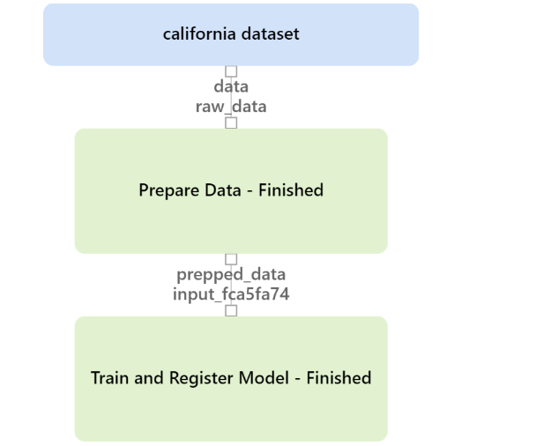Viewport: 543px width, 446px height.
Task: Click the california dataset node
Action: pos(231,34)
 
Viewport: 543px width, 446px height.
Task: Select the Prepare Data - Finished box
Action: pos(231,191)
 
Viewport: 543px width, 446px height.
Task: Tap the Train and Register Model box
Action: pos(231,379)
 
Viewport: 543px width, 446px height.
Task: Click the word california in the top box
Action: pos(200,33)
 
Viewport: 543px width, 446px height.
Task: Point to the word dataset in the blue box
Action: pos(270,33)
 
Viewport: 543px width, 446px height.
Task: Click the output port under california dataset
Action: pos(231,71)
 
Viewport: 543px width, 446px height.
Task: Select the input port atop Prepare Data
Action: pos(231,123)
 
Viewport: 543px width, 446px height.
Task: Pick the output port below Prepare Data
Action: pos(231,259)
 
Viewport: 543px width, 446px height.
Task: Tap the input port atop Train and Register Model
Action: pos(231,310)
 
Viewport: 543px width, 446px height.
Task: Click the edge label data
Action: pos(231,86)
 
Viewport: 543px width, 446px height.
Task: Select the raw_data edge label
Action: pos(231,107)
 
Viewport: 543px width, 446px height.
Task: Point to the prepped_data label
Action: pos(231,275)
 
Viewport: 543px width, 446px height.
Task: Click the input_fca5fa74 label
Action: pos(231,294)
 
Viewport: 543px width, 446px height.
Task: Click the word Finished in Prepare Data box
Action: pos(291,190)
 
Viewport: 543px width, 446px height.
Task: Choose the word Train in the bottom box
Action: pos(110,378)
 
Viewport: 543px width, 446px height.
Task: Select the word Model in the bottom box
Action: pos(264,378)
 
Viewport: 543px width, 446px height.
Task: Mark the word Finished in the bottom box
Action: pos(338,378)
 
